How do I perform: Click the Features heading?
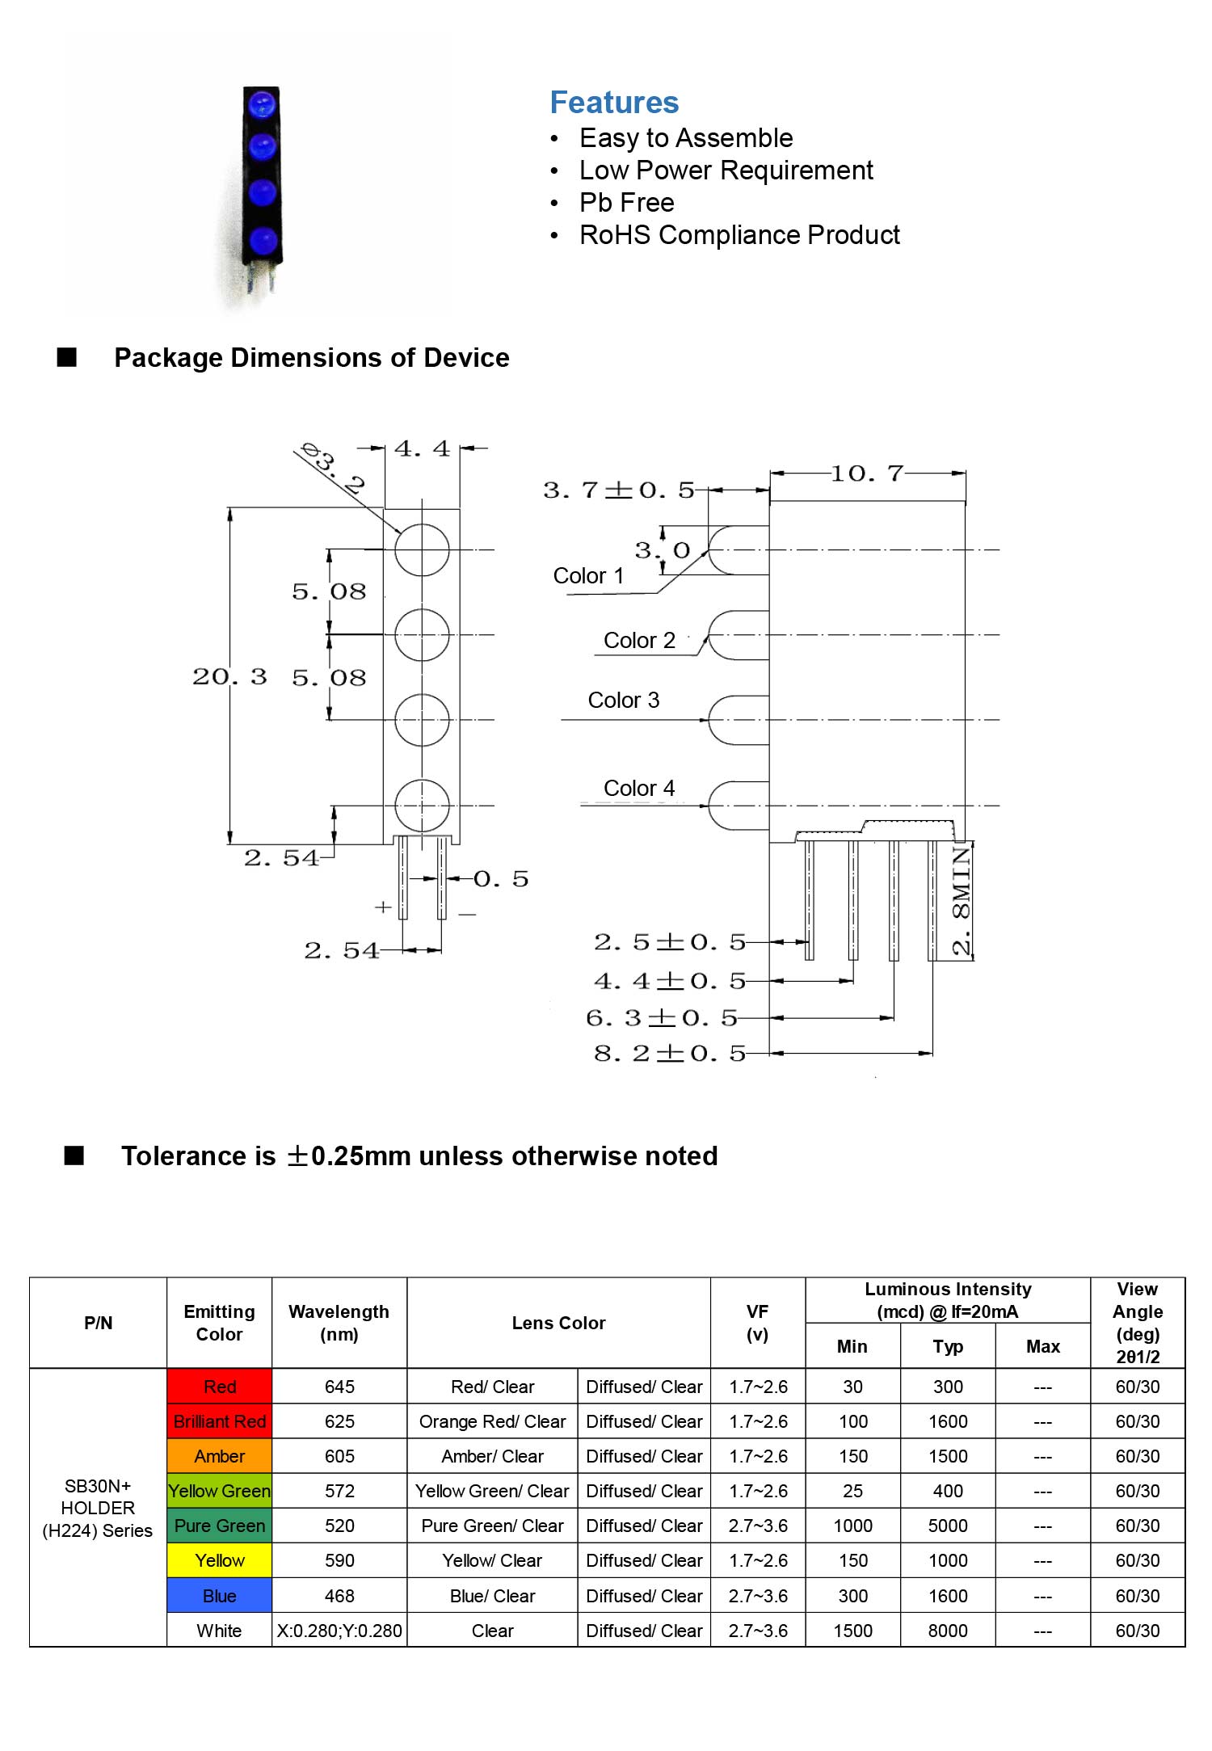[x=614, y=103]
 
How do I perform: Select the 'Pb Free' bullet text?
[x=626, y=202]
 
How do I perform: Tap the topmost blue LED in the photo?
[x=262, y=104]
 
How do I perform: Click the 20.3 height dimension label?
[x=229, y=676]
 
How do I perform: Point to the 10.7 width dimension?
[x=867, y=474]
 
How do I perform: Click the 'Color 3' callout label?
[x=623, y=700]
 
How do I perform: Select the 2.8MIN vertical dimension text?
[x=961, y=901]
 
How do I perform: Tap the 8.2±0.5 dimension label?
[x=670, y=1053]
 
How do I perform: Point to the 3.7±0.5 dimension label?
[x=619, y=490]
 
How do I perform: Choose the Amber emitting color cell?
[x=220, y=1456]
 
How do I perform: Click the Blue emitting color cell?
[x=220, y=1596]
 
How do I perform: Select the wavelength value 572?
[x=339, y=1491]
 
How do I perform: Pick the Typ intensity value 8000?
[x=948, y=1631]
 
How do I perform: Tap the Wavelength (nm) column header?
[x=339, y=1323]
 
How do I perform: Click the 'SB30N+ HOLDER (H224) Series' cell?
[x=98, y=1508]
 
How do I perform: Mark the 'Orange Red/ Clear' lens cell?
[x=492, y=1421]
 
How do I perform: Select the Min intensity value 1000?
[x=853, y=1526]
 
